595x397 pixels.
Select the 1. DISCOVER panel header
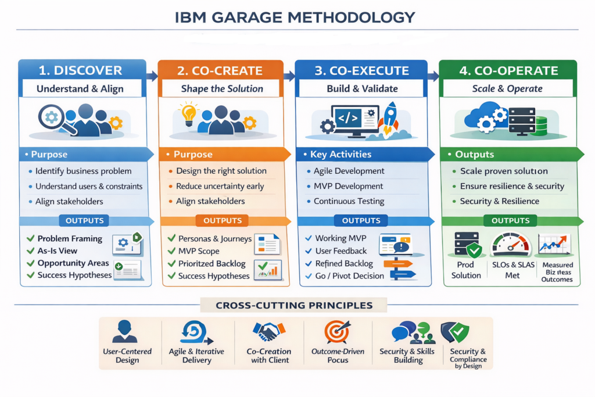coord(80,70)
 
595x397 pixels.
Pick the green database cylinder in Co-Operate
coord(542,126)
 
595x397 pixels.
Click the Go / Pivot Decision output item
coord(349,276)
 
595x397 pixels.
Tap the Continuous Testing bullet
coord(349,201)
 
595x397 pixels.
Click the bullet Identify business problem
coord(83,171)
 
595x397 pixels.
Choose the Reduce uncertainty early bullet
coord(220,186)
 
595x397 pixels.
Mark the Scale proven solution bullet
coord(504,171)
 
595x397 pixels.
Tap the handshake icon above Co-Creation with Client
coord(269,332)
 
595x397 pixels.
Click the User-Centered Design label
coord(127,356)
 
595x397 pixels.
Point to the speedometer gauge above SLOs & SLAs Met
coord(511,245)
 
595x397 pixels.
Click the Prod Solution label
coord(466,270)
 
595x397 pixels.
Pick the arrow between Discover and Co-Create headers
coord(153,76)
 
